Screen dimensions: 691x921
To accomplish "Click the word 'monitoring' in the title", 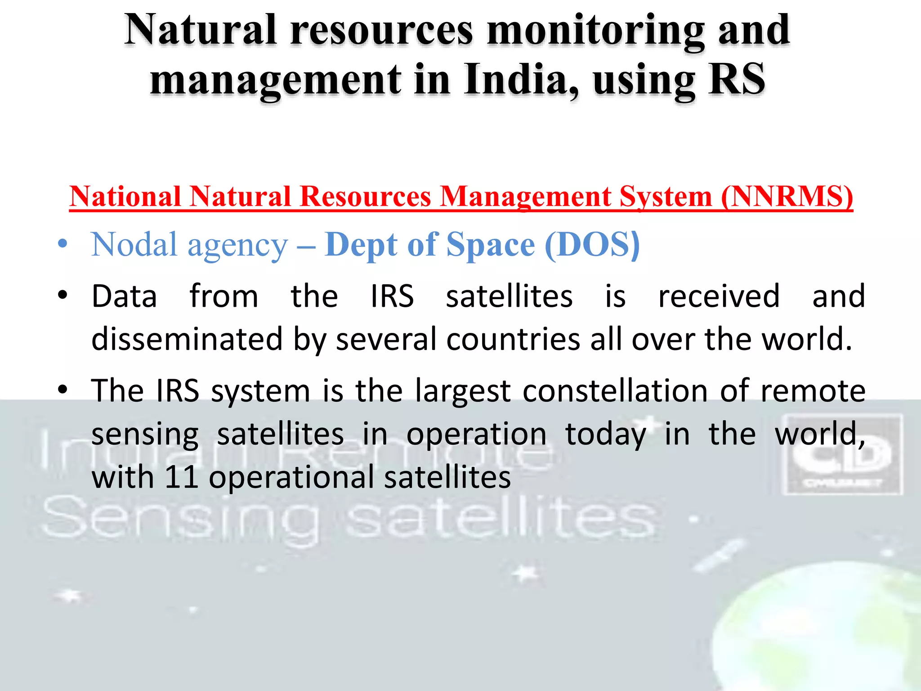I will (x=596, y=31).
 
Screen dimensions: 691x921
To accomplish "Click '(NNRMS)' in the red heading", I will (x=787, y=197).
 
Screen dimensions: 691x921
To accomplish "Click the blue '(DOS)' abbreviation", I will (x=592, y=245).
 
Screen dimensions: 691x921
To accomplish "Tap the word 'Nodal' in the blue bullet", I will (x=134, y=245).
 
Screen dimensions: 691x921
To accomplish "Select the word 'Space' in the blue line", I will (x=491, y=245).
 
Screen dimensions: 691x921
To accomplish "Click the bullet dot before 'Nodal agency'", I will (x=63, y=245).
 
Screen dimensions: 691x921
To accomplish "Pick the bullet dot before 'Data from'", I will (x=63, y=296).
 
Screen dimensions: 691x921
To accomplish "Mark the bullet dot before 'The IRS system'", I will (x=63, y=390).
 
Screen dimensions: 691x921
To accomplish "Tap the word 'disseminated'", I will (x=187, y=339).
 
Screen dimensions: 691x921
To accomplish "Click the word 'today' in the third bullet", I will (x=605, y=435).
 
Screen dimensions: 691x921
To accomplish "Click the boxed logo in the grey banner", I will (x=842, y=455).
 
